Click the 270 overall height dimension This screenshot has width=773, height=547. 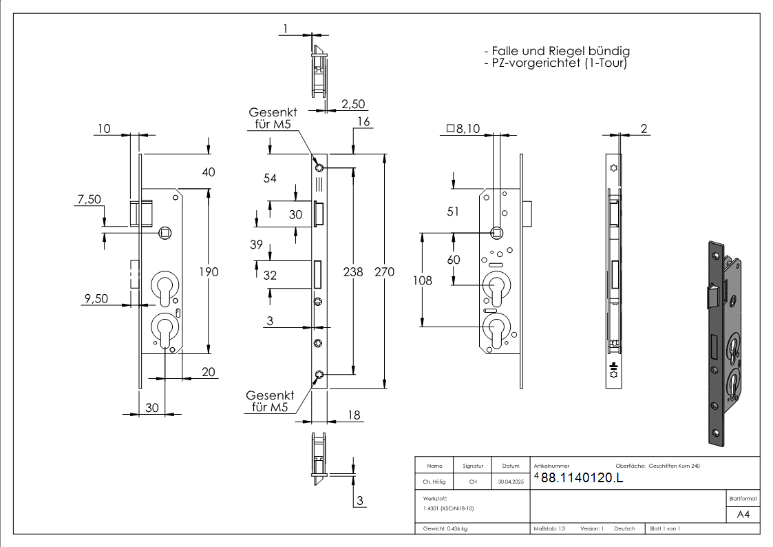[385, 272]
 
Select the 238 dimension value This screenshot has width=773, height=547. [353, 272]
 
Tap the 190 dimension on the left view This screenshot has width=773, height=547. [208, 272]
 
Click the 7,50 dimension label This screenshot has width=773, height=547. [88, 200]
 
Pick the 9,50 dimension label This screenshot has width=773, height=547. [95, 299]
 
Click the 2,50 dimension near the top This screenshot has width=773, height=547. [352, 103]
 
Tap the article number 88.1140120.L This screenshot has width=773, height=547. [582, 479]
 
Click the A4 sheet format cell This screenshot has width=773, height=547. [743, 515]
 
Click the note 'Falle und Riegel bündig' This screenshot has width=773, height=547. [557, 51]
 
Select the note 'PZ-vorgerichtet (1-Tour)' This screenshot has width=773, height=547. [555, 63]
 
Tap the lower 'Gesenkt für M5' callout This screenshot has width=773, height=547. [270, 402]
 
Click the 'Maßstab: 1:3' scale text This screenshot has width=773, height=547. [549, 528]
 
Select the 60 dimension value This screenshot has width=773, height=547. [454, 260]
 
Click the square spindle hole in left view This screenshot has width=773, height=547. [165, 233]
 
